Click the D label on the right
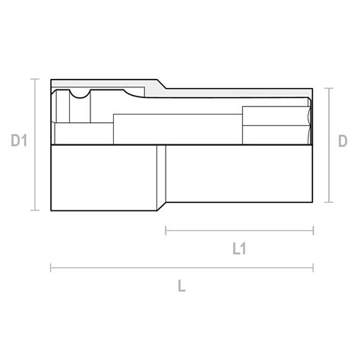point(343,141)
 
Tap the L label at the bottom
point(182,286)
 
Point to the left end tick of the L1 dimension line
point(166,229)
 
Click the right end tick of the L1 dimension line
point(313,229)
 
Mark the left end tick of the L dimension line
point(51,267)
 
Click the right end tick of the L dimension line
point(313,267)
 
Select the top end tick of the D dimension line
point(329,88)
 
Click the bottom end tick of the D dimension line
point(329,203)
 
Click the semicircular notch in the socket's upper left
point(79,94)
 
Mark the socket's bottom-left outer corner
point(51,210)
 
